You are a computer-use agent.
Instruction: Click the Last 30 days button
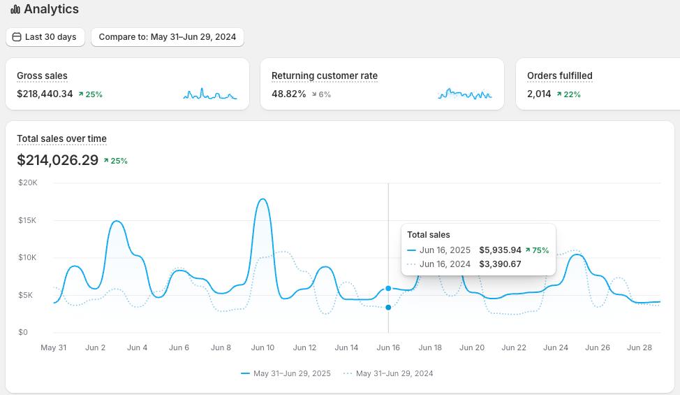[45, 37]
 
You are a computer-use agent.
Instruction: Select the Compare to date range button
[168, 37]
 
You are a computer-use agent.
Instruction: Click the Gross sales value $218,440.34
[45, 94]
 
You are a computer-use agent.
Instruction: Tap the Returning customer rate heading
[325, 76]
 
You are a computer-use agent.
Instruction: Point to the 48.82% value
[289, 94]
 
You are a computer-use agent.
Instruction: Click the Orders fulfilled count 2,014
[539, 94]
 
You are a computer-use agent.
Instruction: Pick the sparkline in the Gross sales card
[210, 94]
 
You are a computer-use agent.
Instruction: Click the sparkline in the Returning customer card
[465, 94]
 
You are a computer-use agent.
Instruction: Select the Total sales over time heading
[61, 138]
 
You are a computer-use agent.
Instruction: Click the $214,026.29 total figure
[58, 160]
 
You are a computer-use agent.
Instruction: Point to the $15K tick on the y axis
[27, 220]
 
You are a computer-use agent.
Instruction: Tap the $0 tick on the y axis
[23, 332]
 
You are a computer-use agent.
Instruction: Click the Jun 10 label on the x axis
[263, 347]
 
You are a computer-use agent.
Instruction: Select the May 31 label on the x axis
[53, 347]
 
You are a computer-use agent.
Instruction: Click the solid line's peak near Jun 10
[263, 199]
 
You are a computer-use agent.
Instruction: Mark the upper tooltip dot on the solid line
[388, 288]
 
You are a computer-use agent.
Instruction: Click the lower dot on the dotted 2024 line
[388, 308]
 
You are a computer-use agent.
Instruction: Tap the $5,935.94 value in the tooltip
[500, 250]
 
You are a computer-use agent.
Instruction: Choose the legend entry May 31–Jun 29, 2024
[388, 373]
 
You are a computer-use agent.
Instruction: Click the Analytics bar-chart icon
[15, 9]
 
